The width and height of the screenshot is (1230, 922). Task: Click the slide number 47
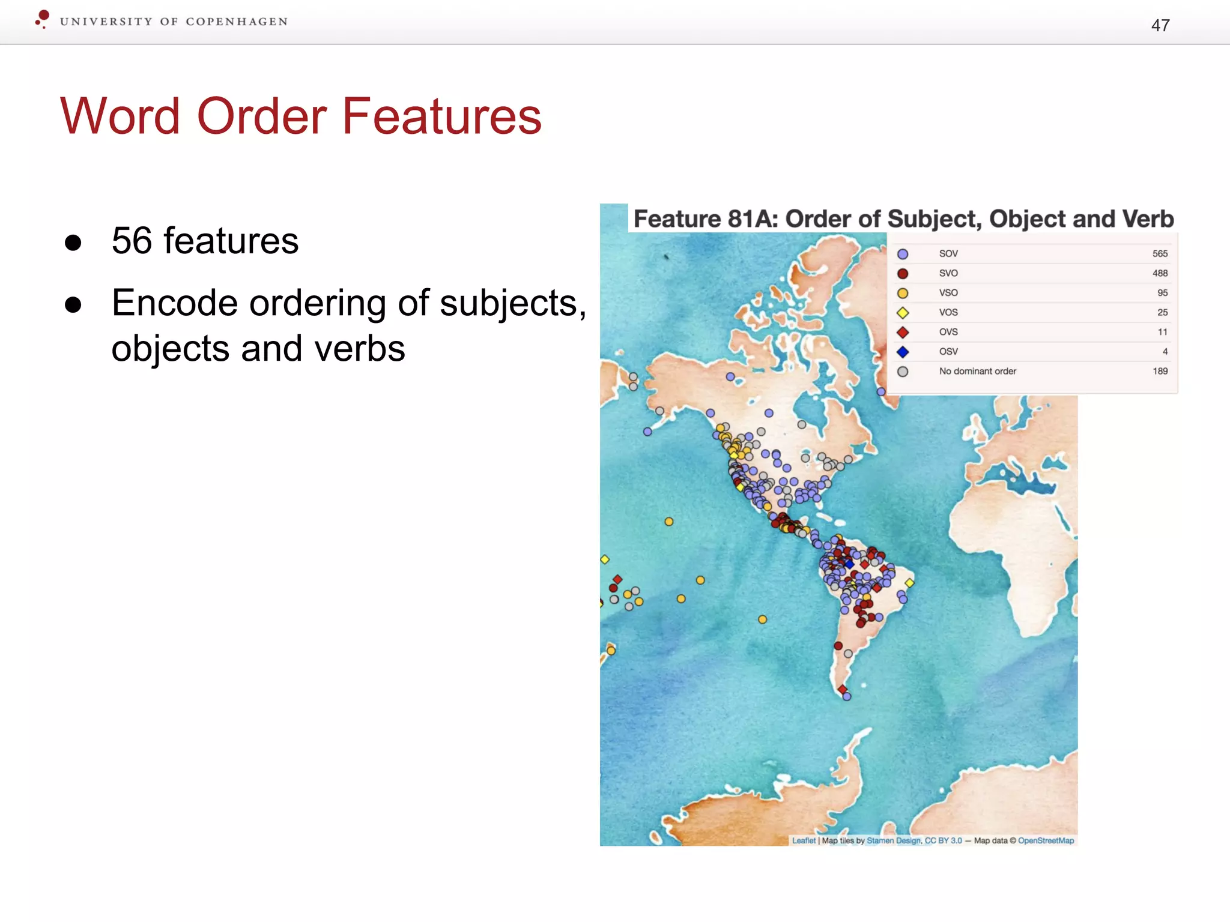click(x=1160, y=25)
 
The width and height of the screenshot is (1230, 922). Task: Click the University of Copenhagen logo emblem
click(x=42, y=19)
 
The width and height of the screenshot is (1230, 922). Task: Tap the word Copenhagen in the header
click(x=237, y=22)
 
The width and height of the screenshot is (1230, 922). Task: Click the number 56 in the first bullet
click(x=132, y=241)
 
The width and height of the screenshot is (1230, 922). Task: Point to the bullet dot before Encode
click(x=73, y=304)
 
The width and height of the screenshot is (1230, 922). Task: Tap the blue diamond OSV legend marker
click(x=903, y=352)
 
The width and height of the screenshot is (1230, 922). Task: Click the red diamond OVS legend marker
click(x=903, y=332)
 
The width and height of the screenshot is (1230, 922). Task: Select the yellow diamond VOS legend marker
click(x=903, y=313)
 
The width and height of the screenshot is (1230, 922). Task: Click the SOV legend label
click(x=948, y=254)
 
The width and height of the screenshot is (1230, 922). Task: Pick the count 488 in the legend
click(x=1160, y=273)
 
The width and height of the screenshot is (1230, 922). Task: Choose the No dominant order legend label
click(x=977, y=371)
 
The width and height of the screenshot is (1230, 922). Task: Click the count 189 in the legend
click(x=1160, y=371)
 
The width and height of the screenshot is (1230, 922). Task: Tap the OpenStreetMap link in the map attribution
click(x=1046, y=840)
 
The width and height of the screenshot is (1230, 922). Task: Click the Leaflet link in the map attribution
click(x=804, y=840)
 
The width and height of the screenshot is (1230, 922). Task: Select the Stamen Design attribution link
click(x=893, y=840)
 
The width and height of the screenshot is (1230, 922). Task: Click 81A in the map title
click(x=753, y=219)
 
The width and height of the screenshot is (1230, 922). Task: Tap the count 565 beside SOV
click(x=1160, y=254)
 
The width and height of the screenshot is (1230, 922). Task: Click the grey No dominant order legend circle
click(x=903, y=372)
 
